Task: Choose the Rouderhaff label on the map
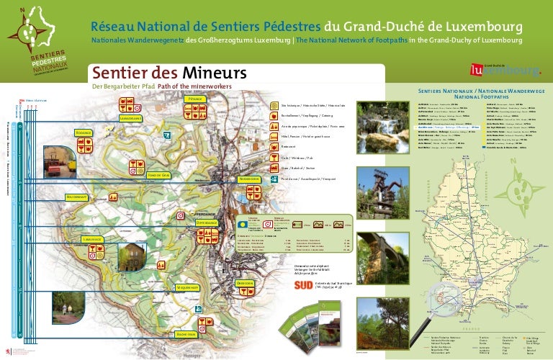76,197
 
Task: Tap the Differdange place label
207,223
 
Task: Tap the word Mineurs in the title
212,73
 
